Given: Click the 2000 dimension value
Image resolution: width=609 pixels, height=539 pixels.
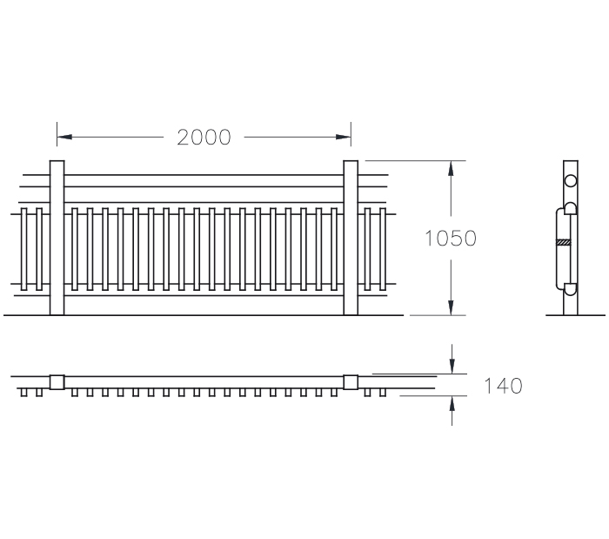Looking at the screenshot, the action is [204, 138].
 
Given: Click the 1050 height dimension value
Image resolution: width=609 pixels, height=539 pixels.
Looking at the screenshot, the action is [451, 239].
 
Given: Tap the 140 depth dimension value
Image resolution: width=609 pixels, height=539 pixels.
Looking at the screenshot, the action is [503, 386].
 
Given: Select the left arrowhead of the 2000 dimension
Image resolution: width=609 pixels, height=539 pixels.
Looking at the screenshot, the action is [64, 138].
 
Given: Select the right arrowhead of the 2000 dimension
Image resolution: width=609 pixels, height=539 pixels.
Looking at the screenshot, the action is [344, 138].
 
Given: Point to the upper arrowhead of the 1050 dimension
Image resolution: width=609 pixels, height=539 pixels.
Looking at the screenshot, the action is [451, 168].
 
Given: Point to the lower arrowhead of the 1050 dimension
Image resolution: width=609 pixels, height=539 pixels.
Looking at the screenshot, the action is [451, 307].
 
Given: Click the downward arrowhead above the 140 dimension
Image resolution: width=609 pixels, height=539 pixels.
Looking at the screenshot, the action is [452, 367].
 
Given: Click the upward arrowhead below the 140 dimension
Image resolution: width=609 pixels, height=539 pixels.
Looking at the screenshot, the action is [452, 403].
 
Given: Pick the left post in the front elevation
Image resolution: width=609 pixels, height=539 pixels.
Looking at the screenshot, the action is [57, 238].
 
